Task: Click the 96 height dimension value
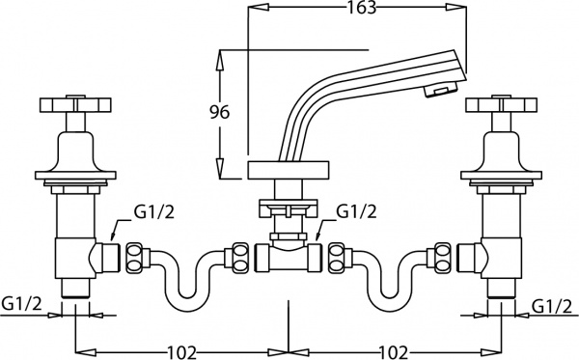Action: (x=219, y=113)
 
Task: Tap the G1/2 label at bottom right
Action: (x=552, y=306)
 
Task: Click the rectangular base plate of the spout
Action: (x=288, y=172)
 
